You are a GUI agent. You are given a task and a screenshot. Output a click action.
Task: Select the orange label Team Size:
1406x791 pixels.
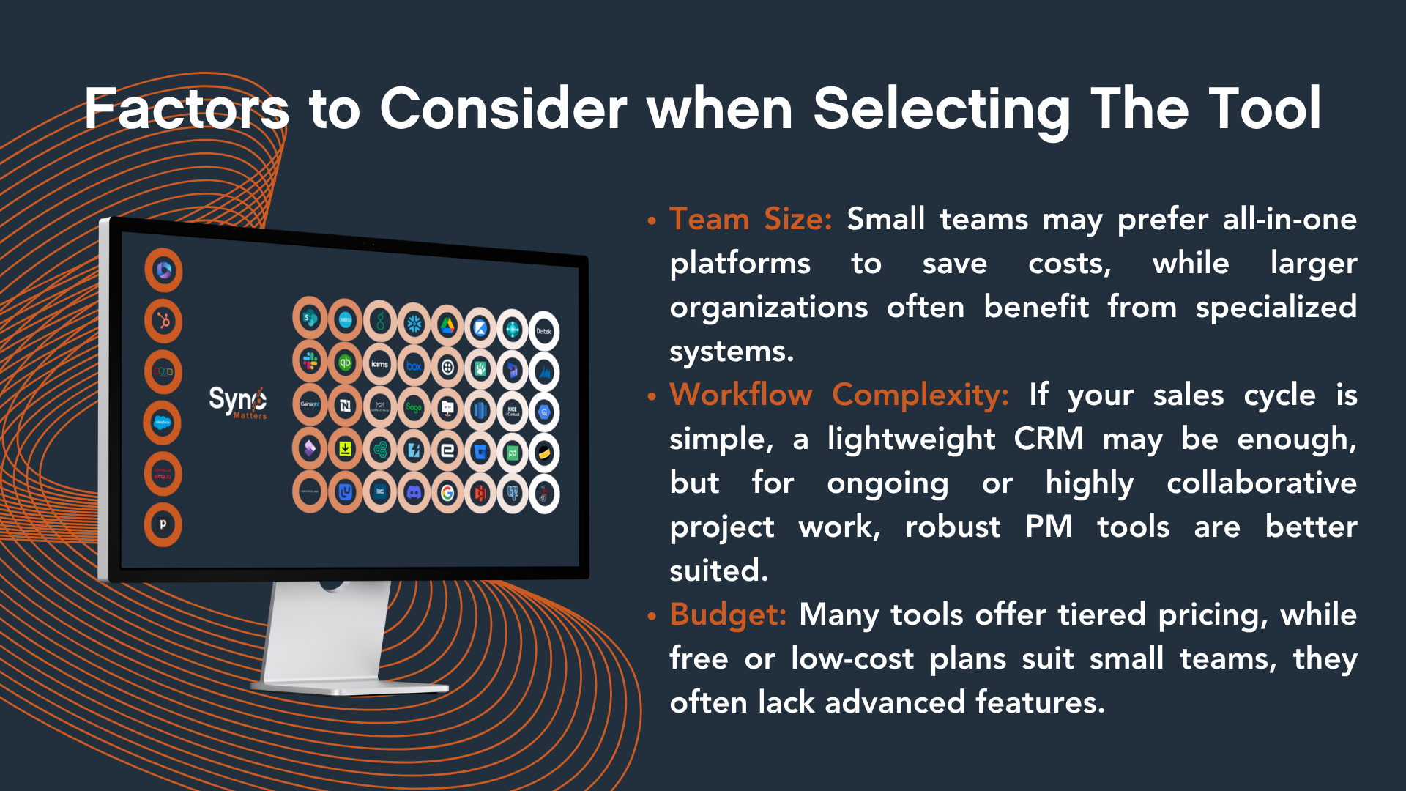[x=750, y=220]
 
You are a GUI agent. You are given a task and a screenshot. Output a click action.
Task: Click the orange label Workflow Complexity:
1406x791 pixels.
[x=839, y=395]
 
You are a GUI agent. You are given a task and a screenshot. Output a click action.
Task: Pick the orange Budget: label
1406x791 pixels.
[x=728, y=615]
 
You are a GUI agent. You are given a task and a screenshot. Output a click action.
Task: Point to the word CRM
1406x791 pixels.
[x=1048, y=439]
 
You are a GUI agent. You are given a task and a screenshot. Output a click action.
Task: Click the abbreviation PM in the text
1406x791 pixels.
[x=1048, y=527]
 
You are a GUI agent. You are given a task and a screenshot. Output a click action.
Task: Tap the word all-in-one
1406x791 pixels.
[x=1290, y=220]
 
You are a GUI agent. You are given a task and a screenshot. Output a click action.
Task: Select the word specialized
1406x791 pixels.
[x=1276, y=308]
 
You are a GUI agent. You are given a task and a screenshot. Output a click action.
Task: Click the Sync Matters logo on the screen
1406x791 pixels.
[x=238, y=401]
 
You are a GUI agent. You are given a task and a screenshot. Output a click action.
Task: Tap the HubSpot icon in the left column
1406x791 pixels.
[x=163, y=321]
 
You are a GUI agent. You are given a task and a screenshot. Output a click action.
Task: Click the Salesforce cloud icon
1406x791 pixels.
[x=163, y=423]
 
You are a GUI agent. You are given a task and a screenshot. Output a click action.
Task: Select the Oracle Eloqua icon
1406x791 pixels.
[x=163, y=474]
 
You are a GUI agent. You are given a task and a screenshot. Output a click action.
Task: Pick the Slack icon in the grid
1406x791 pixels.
[x=310, y=361]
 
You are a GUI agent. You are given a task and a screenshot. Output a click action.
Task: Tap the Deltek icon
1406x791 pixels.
[x=544, y=331]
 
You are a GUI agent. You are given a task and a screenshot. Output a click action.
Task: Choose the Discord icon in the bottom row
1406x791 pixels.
[x=414, y=493]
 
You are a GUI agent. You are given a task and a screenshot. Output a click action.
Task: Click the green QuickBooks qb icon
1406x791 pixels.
[x=345, y=363]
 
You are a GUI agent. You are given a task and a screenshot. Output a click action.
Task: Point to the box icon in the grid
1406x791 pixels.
[x=414, y=365]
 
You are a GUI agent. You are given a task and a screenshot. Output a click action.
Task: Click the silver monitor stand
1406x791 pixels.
[x=330, y=637]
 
